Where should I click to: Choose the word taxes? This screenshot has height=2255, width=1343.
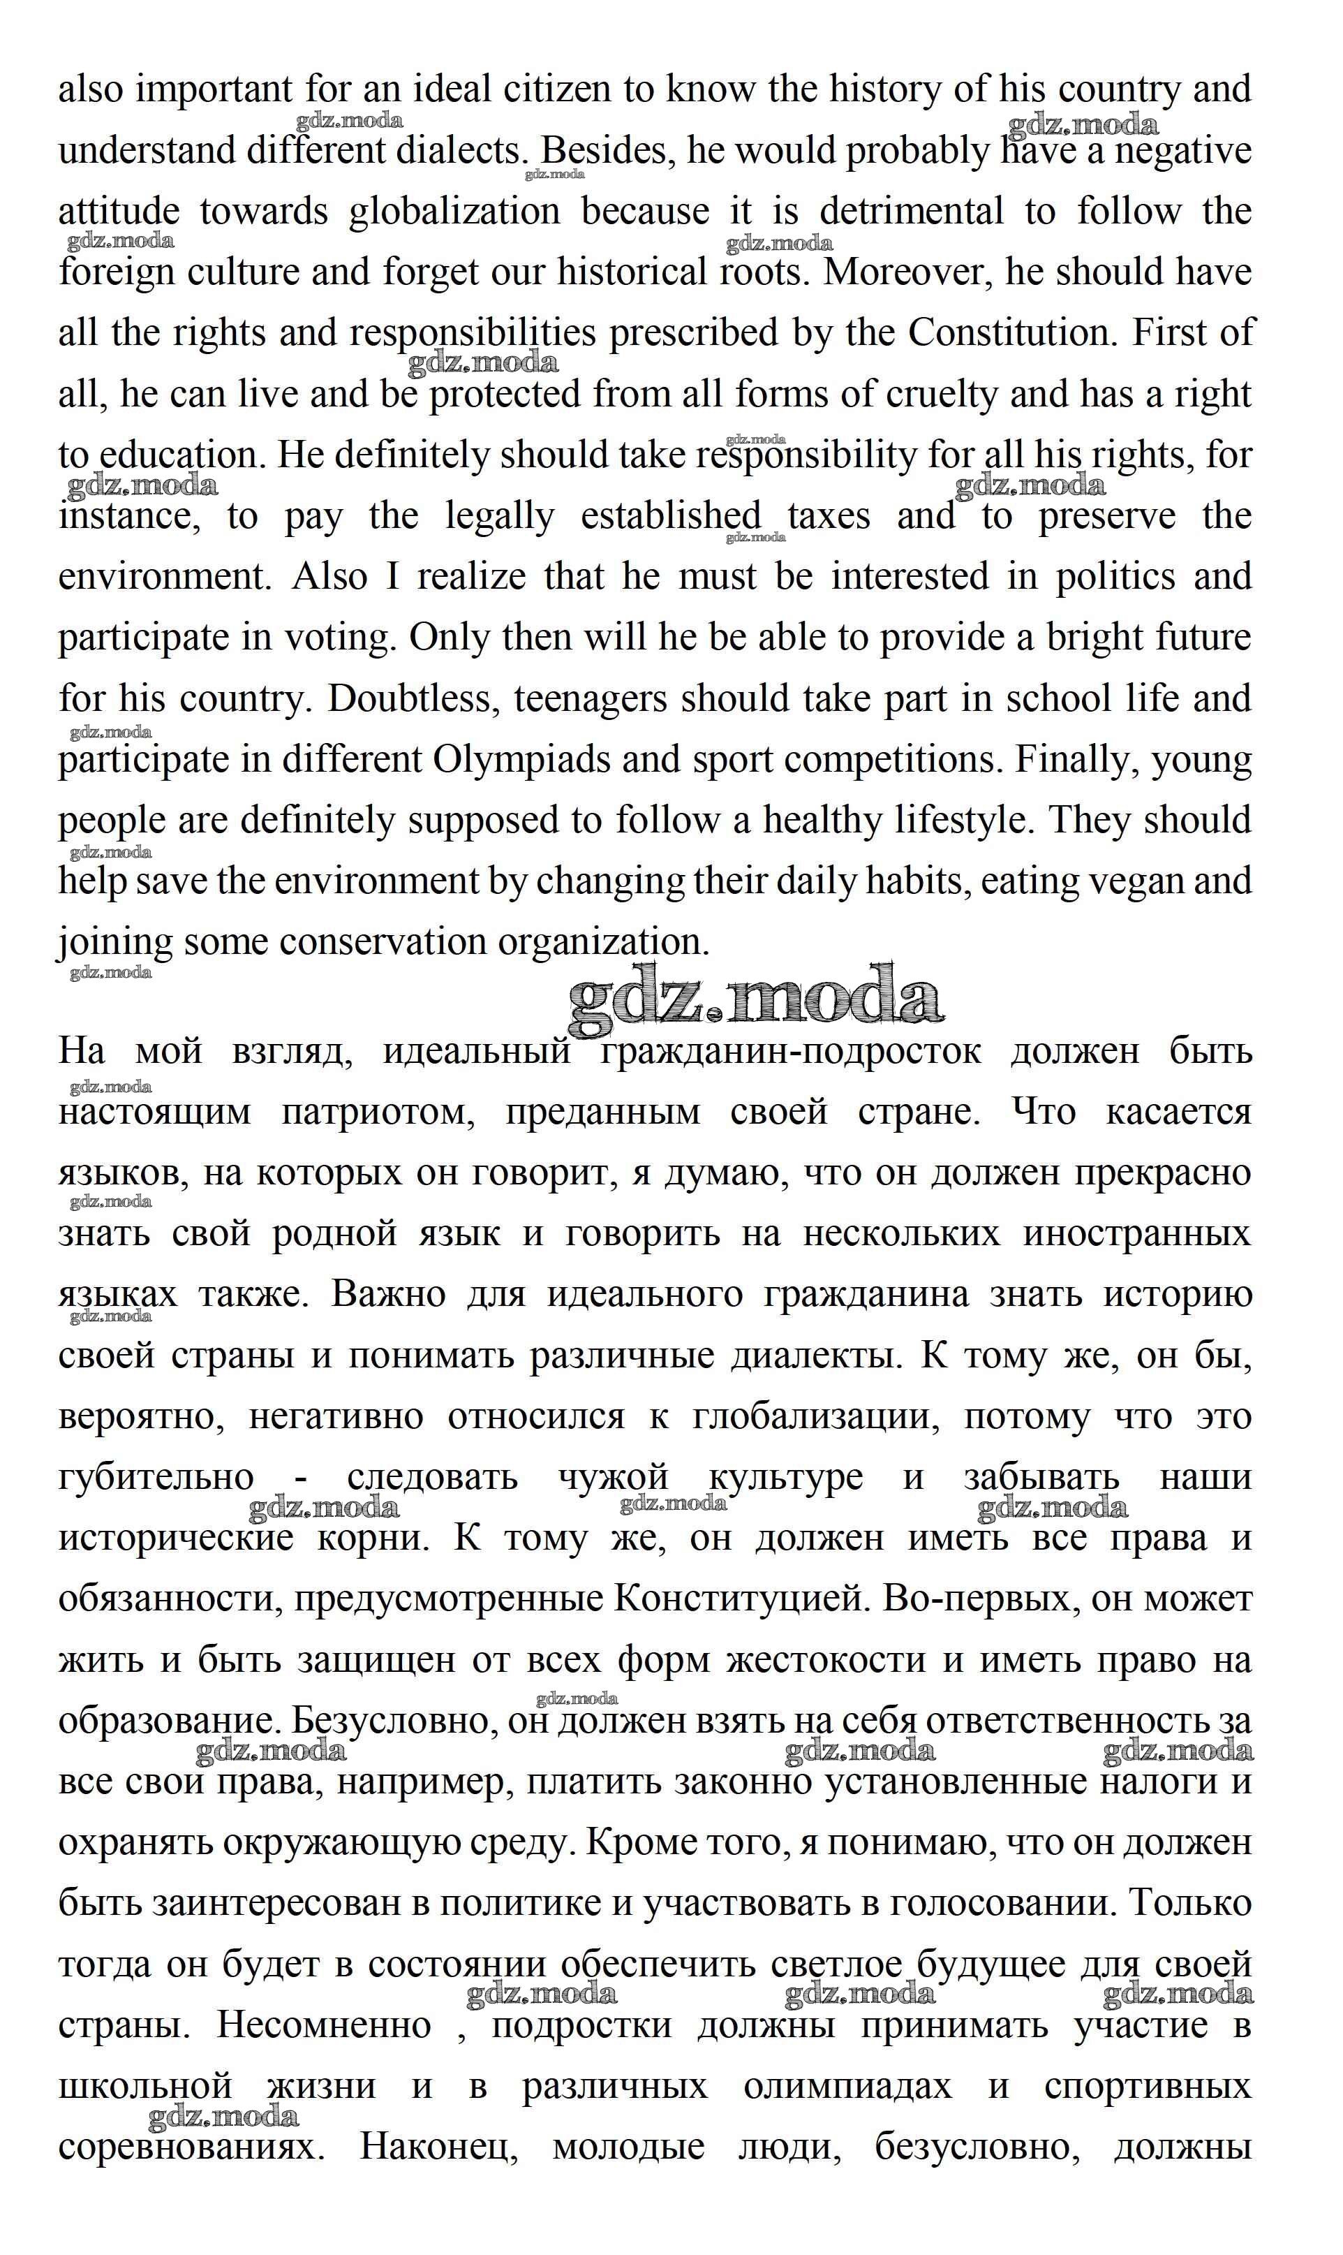click(x=829, y=517)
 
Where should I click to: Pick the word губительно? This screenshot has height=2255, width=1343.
click(x=156, y=1478)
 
